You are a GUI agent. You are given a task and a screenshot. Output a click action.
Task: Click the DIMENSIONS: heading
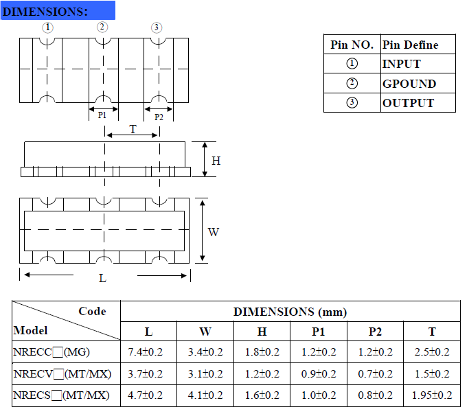(x=46, y=12)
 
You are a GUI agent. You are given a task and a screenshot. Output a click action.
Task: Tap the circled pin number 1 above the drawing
(x=47, y=27)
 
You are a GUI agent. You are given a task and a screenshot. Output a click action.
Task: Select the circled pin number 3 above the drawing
(x=157, y=27)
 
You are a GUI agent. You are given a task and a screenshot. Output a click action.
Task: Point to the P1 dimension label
(x=102, y=116)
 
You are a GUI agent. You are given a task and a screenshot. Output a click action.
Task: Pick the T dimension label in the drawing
(x=133, y=129)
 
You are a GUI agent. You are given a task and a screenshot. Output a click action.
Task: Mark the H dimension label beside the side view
(x=216, y=161)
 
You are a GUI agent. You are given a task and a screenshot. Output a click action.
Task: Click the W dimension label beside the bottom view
(x=214, y=232)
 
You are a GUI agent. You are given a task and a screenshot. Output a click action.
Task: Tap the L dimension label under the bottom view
(x=102, y=278)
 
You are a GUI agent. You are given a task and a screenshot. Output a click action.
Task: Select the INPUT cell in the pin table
(x=401, y=64)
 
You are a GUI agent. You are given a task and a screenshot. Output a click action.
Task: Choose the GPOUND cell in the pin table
(x=409, y=84)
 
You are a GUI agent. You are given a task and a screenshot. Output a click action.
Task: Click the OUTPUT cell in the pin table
(x=408, y=103)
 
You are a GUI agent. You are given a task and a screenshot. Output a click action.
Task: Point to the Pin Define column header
(x=410, y=45)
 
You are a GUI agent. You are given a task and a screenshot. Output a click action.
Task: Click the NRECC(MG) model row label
(x=52, y=353)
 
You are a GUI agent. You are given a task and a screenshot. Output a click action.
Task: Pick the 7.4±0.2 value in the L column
(x=148, y=353)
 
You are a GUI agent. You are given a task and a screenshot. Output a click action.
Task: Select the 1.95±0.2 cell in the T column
(x=432, y=395)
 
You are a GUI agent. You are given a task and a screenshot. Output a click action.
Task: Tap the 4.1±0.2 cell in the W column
(x=205, y=395)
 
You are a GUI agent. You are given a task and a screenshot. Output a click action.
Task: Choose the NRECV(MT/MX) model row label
(x=61, y=374)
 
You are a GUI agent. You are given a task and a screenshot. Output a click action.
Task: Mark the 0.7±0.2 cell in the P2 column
(x=375, y=374)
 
